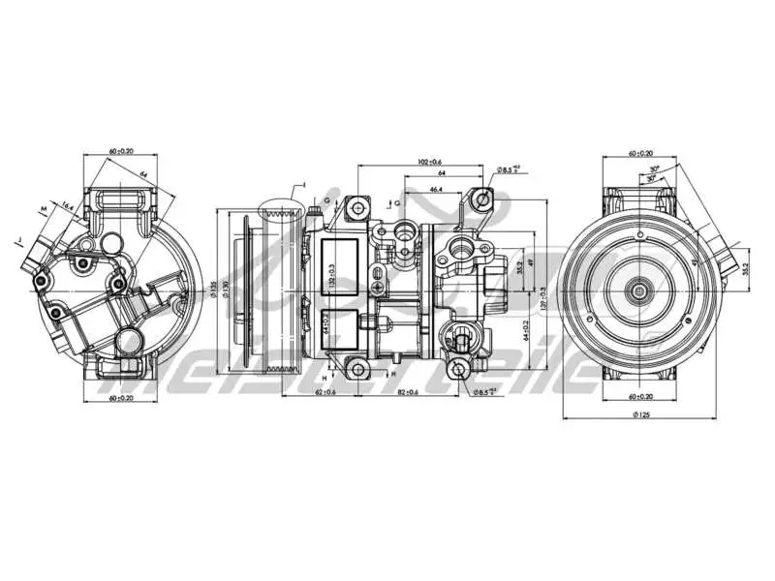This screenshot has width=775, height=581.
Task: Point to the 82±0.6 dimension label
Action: click(408, 391)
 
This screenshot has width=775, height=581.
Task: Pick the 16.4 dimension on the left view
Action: click(67, 206)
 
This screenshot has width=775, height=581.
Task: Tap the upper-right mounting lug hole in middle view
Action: click(482, 200)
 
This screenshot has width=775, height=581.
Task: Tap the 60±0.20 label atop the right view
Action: click(640, 153)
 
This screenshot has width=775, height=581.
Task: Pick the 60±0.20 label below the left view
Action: click(121, 397)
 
